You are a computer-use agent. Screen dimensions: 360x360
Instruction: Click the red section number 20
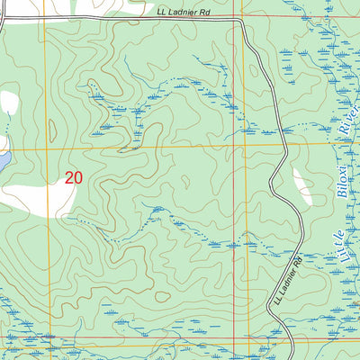[74, 177]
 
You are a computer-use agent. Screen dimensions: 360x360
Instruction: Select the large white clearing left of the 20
[36, 193]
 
